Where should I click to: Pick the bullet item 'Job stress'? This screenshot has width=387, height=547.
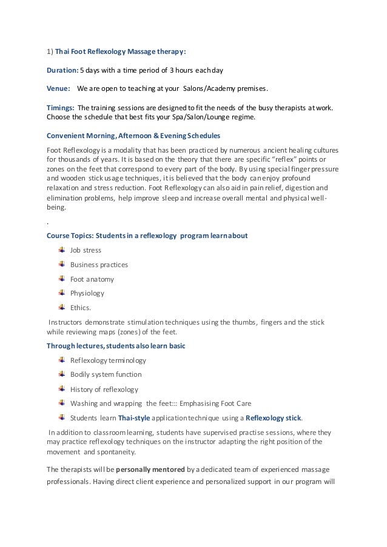tap(86, 250)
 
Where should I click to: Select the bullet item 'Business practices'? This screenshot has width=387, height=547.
tap(99, 264)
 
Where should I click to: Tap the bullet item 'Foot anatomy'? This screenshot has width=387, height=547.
tap(92, 279)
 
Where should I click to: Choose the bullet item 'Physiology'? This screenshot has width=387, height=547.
tap(87, 293)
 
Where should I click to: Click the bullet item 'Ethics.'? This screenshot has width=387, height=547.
tap(81, 308)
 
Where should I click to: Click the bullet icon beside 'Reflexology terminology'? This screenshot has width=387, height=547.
tap(62, 360)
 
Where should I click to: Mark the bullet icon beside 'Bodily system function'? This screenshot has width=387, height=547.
tap(62, 374)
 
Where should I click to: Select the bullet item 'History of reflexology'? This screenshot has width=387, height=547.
tap(104, 389)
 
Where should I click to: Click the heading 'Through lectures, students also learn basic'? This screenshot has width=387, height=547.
tap(116, 346)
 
